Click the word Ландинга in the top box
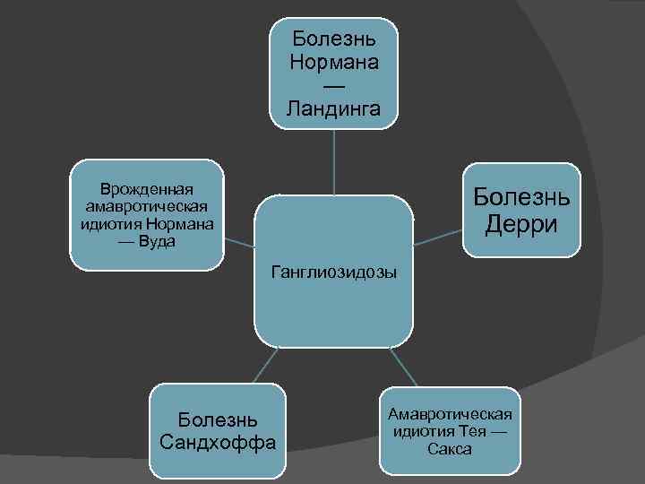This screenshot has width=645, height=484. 333,109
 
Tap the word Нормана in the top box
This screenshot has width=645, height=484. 333,62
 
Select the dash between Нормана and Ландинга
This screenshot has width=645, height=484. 333,86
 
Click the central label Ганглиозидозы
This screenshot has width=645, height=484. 334,272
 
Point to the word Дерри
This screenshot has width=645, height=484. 520,223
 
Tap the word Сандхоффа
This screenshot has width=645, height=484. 217,442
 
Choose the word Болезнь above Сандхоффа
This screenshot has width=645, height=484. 218,419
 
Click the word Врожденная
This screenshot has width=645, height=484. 148,189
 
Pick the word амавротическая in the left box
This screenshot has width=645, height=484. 148,206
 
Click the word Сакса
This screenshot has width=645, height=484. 450,449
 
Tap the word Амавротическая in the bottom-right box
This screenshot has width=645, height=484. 450,413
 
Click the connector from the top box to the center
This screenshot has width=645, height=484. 334,161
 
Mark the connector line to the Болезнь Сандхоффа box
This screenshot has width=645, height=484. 264,365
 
